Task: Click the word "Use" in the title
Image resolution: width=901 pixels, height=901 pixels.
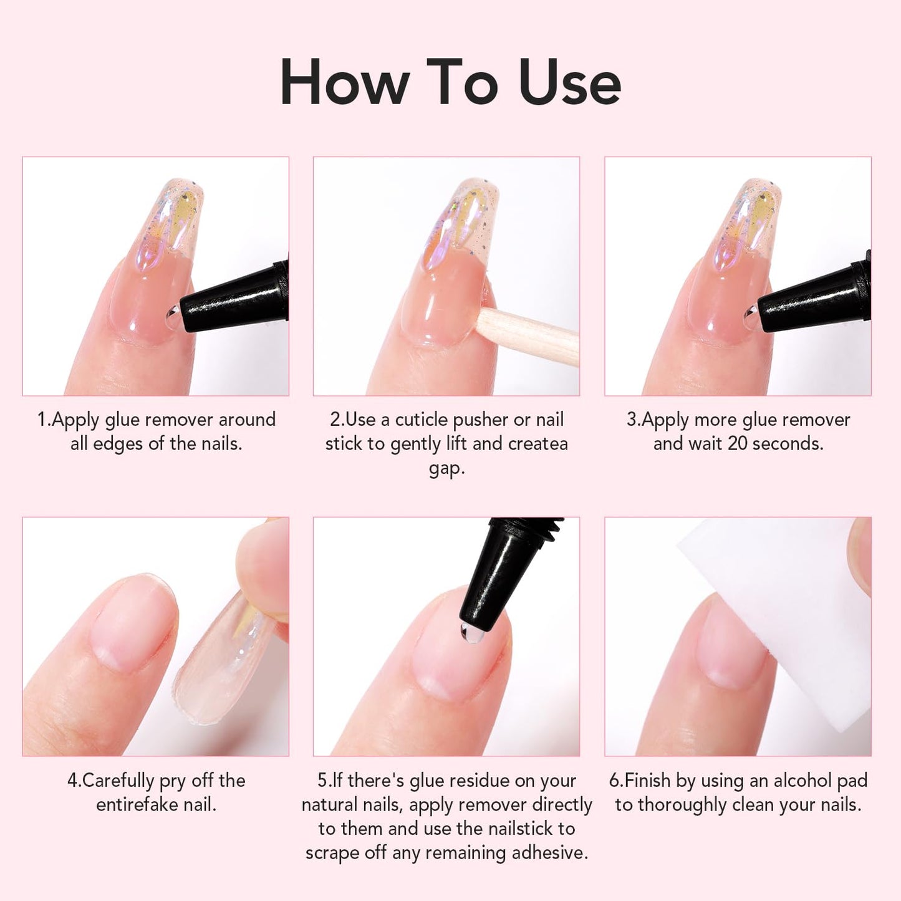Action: [569, 83]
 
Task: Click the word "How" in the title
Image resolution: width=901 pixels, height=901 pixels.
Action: [344, 83]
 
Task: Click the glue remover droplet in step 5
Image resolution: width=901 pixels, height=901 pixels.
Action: [473, 634]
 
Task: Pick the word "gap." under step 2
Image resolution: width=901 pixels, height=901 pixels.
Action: [446, 468]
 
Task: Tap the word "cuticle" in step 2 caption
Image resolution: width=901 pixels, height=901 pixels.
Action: [422, 420]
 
